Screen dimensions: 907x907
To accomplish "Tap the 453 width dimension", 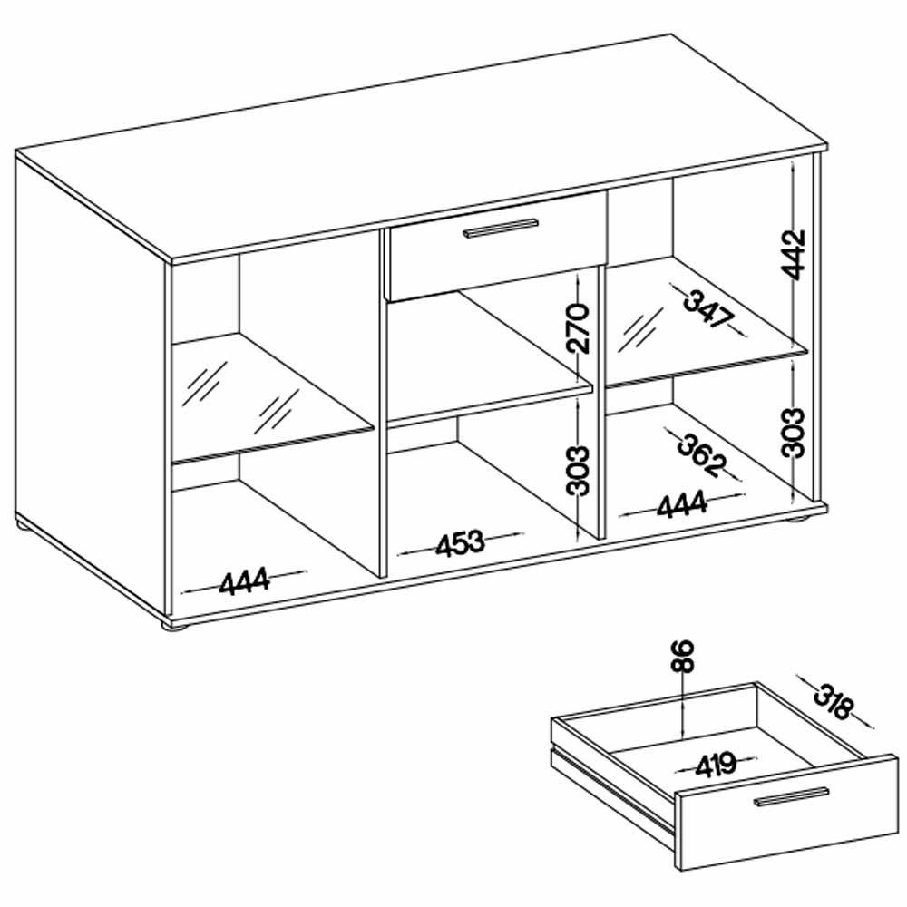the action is click(x=460, y=543).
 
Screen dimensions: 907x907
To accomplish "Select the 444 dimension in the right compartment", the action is click(x=681, y=503).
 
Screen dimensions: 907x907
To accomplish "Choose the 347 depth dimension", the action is click(x=708, y=310).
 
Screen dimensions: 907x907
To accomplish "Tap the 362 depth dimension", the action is click(x=702, y=455).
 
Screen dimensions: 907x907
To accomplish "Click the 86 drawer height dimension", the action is click(x=684, y=656).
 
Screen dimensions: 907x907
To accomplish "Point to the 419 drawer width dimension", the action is click(x=717, y=766).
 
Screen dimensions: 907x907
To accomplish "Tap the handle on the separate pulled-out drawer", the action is click(x=791, y=796).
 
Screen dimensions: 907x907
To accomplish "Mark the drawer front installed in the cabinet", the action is click(x=498, y=245).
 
